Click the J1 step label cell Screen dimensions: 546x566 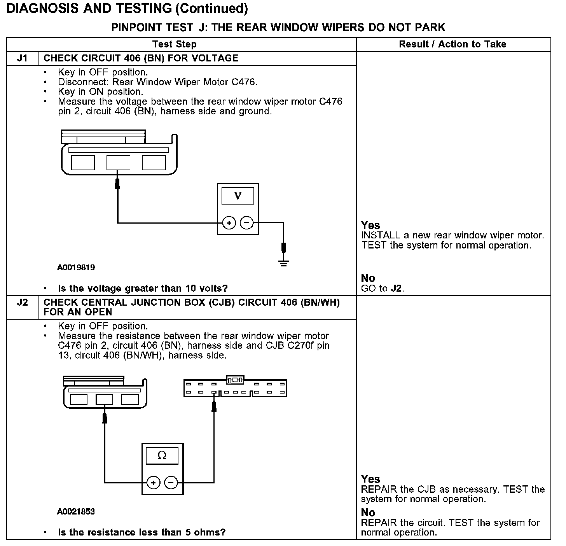coord(23,58)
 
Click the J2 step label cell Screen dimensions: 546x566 coord(23,303)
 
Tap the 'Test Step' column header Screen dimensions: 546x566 coord(174,44)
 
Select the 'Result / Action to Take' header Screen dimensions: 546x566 coord(452,44)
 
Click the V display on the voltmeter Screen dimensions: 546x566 coord(238,196)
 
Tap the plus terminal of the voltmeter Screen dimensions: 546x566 coord(229,223)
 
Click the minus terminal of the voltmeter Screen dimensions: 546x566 coord(246,223)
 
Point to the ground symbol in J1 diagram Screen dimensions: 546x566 coord(284,263)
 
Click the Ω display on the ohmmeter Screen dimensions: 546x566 coord(162,456)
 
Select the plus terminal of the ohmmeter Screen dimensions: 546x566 coord(154,483)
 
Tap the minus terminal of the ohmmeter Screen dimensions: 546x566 coord(171,483)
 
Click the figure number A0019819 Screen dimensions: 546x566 coord(76,268)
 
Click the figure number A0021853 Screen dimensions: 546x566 coord(76,511)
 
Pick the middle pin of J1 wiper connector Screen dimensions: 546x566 coord(118,163)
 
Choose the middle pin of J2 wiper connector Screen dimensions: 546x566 coord(104,399)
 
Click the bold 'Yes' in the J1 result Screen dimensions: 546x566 coord(370,225)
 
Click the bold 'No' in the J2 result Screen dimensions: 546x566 coord(368,512)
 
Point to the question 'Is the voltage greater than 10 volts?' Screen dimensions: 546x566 coord(143,289)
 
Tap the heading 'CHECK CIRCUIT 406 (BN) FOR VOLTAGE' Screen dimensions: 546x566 coord(141,58)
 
